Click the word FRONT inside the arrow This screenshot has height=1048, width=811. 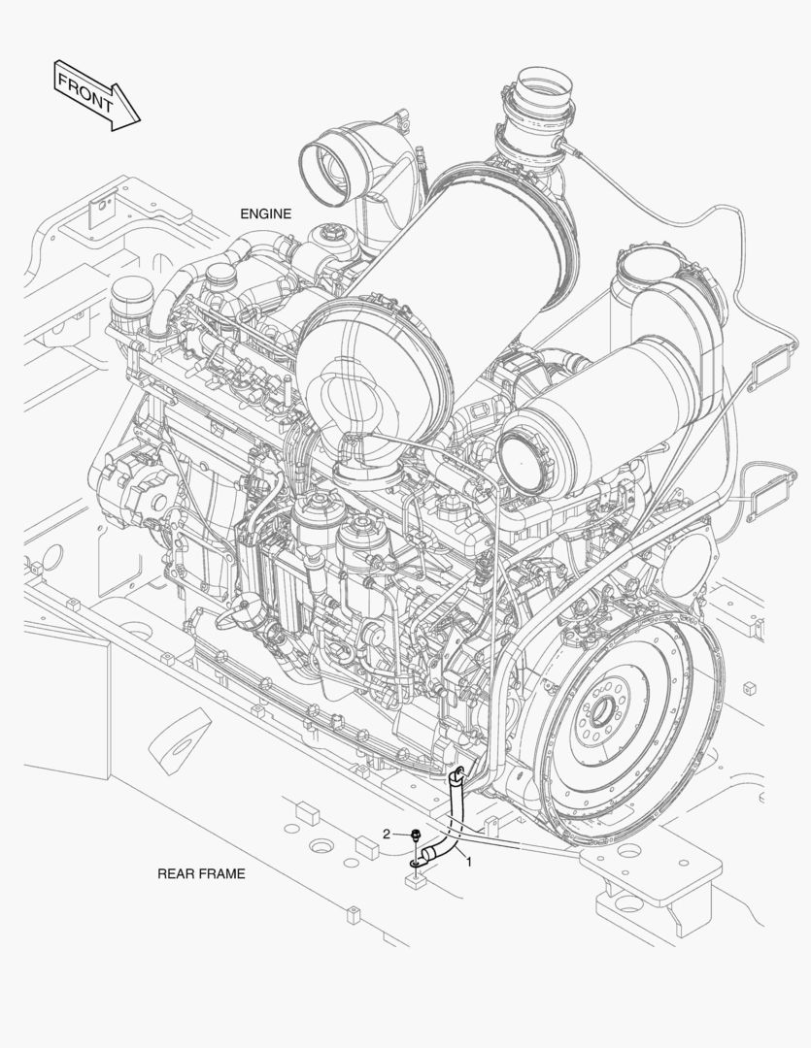point(85,92)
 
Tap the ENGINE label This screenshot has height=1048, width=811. point(266,213)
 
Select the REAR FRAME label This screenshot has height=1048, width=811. point(201,873)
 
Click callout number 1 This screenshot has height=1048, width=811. point(469,863)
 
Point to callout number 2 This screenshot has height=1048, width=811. point(387,834)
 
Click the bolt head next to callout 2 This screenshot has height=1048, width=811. point(417,835)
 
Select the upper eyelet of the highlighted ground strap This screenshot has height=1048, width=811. point(458,774)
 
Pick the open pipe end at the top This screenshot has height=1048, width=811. point(544,82)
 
